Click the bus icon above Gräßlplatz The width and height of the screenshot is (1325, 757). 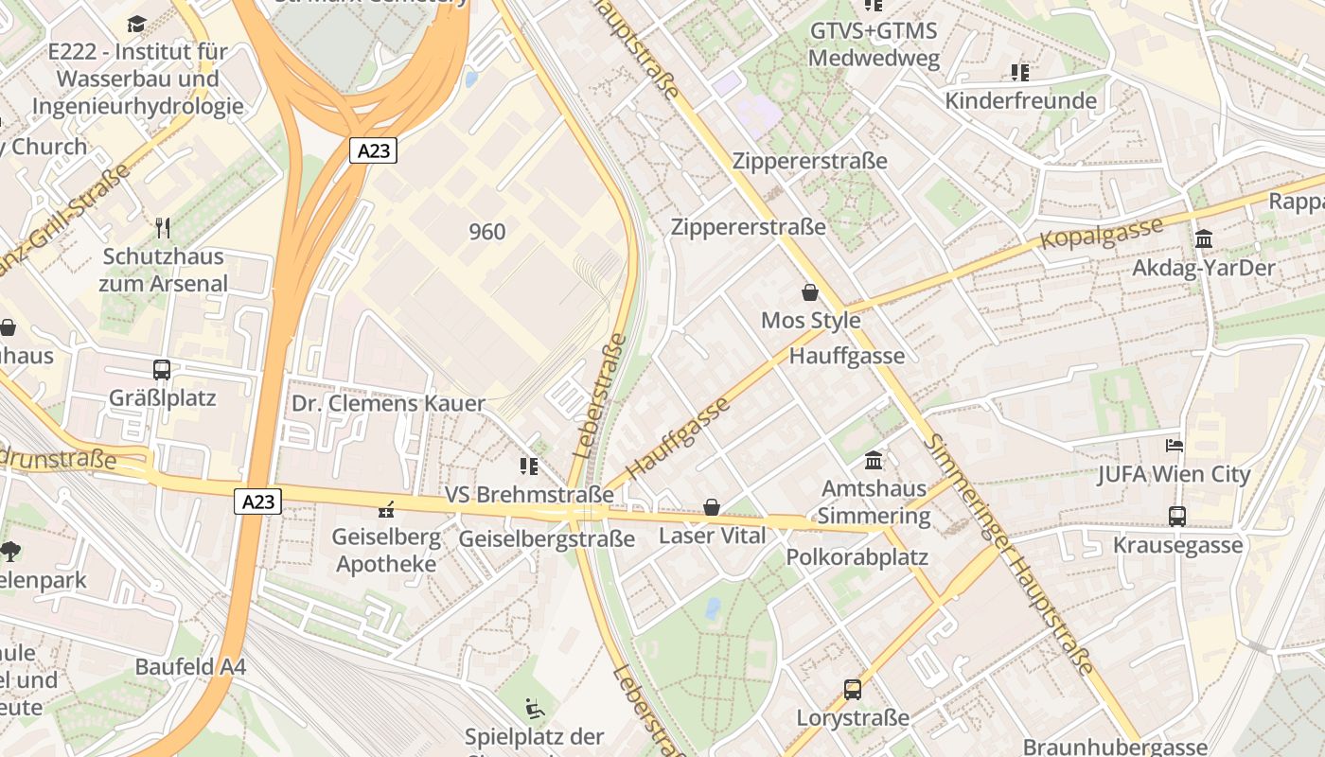tap(162, 369)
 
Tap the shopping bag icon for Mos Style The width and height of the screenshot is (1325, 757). tap(810, 292)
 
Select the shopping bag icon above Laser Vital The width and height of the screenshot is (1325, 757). tap(712, 508)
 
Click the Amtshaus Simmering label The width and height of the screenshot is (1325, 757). tap(874, 502)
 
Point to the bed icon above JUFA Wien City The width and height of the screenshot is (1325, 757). tap(1175, 445)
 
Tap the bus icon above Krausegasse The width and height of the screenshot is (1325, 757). tap(1177, 517)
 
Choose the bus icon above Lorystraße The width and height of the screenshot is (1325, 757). tap(853, 690)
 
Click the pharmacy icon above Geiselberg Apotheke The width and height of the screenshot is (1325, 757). tap(385, 510)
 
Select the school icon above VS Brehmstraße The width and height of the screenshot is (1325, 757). tap(529, 466)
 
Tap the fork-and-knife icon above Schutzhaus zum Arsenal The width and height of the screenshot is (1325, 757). tap(163, 227)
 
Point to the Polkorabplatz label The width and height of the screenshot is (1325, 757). tap(857, 556)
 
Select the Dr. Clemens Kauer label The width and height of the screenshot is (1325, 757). tap(388, 403)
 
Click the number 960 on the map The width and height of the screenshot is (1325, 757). tap(486, 232)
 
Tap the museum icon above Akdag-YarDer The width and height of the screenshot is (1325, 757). tap(1204, 239)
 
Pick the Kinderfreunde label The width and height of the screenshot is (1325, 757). tap(1020, 100)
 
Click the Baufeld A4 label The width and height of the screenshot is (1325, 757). tap(190, 666)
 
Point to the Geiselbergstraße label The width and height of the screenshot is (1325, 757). tap(546, 539)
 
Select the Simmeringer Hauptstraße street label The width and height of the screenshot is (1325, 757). tap(1010, 555)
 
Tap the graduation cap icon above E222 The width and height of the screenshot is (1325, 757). tap(137, 24)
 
